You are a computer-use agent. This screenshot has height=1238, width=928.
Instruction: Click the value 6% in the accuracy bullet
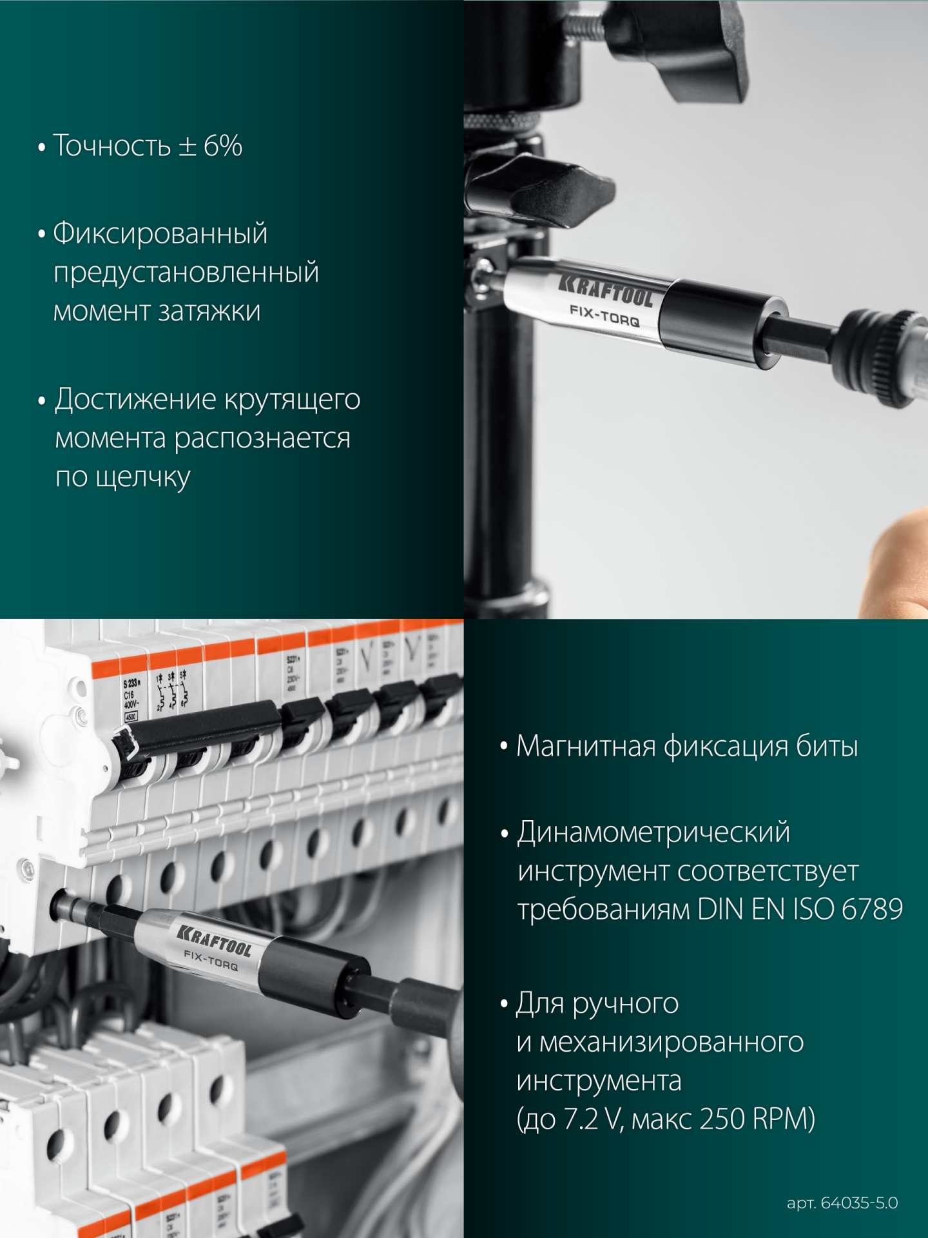(x=223, y=146)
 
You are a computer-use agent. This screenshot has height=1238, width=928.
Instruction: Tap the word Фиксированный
(x=160, y=233)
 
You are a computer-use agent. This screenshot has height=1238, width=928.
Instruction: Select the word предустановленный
(x=186, y=273)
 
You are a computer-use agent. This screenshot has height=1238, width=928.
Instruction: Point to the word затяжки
(x=209, y=312)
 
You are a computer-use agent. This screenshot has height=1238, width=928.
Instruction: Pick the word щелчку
(x=142, y=478)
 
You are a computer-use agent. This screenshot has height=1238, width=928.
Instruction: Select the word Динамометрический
(x=653, y=832)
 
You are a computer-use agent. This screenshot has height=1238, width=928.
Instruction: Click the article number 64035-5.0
(x=859, y=1203)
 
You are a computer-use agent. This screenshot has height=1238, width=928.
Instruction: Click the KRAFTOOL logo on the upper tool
(x=605, y=290)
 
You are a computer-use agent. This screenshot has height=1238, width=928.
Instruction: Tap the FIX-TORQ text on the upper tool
(x=604, y=316)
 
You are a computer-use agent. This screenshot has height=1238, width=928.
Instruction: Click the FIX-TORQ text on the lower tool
(x=211, y=960)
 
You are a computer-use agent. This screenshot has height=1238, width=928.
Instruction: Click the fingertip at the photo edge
(x=902, y=555)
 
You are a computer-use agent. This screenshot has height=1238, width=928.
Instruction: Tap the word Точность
(x=111, y=146)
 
